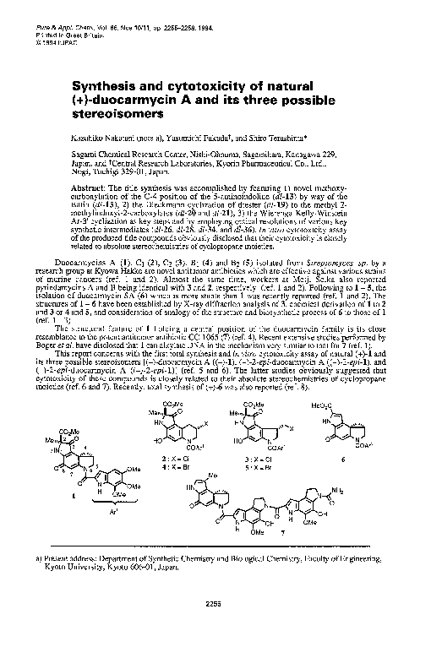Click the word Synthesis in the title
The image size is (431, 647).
[106, 86]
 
